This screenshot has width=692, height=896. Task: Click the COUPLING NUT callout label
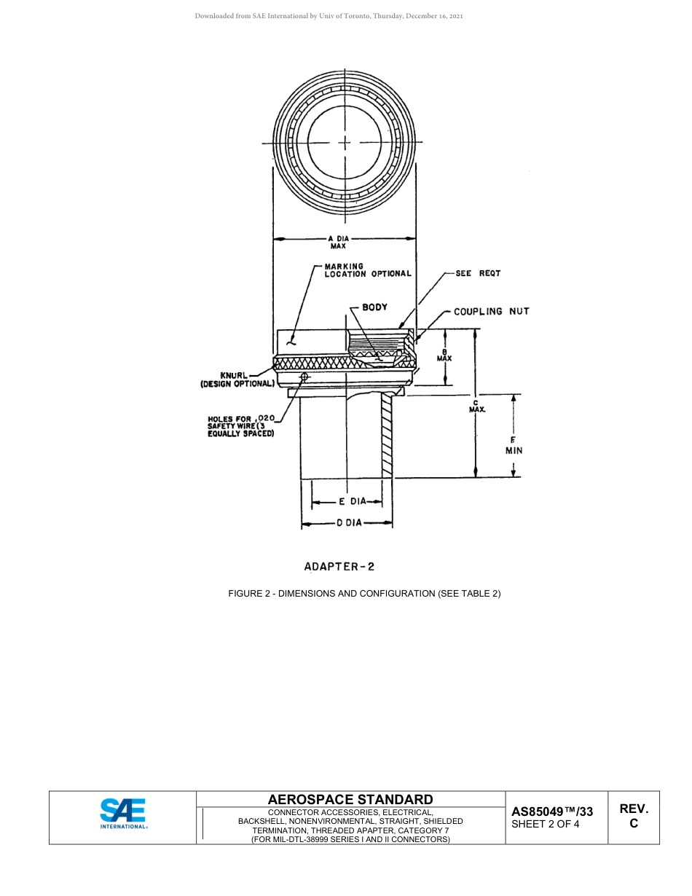[x=491, y=312]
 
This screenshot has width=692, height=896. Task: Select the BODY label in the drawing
[x=374, y=307]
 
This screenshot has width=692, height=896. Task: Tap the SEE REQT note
[x=478, y=274]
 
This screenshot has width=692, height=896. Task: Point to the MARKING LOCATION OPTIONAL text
[x=367, y=270]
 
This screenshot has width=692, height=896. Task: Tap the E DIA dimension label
[x=351, y=502]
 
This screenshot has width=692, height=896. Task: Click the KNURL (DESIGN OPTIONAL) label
[x=237, y=380]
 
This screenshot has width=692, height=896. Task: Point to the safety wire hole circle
[x=304, y=377]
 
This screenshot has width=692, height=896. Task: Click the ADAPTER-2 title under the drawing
[x=339, y=566]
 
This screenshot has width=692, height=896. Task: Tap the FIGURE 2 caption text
[x=364, y=594]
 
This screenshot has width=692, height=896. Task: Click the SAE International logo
[x=123, y=814]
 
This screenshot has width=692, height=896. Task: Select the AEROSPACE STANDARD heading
[x=350, y=800]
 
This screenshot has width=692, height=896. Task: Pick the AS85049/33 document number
[x=551, y=811]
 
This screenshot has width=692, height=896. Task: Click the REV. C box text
[x=634, y=816]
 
